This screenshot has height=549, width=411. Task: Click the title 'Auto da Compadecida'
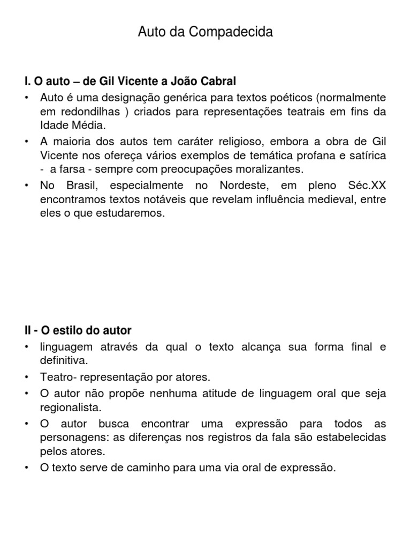pos(205,32)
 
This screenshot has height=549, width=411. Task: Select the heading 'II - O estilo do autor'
pos(78,330)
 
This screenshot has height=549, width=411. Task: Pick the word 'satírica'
pos(368,155)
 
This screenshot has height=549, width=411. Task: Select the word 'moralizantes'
pos(272,169)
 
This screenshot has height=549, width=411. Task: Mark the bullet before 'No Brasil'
pos(26,186)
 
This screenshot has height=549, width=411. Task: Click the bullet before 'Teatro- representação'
pos(26,377)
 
